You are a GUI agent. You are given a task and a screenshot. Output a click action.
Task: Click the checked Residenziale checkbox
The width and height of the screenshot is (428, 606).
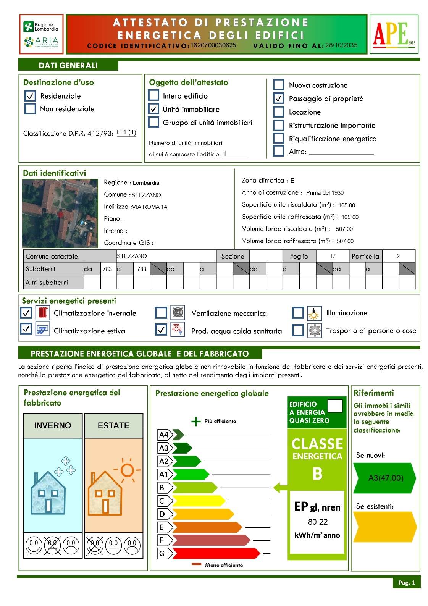pos(30,95)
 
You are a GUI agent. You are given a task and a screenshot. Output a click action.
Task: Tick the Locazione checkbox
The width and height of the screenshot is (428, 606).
pos(279,112)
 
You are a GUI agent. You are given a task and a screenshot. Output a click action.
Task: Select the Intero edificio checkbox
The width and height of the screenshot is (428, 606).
pos(153,95)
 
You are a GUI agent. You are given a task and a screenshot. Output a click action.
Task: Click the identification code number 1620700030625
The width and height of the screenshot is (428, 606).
pos(213,45)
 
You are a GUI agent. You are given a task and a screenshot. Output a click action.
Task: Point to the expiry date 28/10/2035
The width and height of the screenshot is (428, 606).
pos(341,45)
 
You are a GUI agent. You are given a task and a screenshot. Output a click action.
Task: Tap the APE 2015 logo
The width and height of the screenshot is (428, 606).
pos(394,34)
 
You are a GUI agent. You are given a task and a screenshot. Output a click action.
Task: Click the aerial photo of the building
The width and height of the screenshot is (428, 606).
pos(60,213)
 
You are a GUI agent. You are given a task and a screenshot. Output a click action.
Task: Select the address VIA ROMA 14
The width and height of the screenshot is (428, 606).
pos(149,207)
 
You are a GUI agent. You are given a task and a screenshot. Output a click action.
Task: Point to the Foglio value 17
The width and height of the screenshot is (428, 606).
pos(333,256)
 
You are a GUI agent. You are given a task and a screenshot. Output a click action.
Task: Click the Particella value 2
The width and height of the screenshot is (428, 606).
pos(398,256)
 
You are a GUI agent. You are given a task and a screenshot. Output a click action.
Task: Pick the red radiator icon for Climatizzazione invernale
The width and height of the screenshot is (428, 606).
pos(43,313)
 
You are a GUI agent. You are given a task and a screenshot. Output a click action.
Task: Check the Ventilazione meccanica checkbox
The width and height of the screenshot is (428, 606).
pos(161,313)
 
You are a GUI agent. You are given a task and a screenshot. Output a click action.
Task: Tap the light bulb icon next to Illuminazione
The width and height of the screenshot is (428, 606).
pos(314,313)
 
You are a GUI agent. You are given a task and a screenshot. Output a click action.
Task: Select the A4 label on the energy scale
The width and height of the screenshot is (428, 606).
pos(164,435)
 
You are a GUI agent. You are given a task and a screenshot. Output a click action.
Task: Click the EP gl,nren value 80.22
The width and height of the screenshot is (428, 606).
pos(318,522)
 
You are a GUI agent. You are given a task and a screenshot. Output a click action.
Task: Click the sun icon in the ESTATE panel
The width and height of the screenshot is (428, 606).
pos(128,470)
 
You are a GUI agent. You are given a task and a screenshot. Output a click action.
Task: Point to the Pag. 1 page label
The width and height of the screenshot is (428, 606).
pos(406,583)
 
